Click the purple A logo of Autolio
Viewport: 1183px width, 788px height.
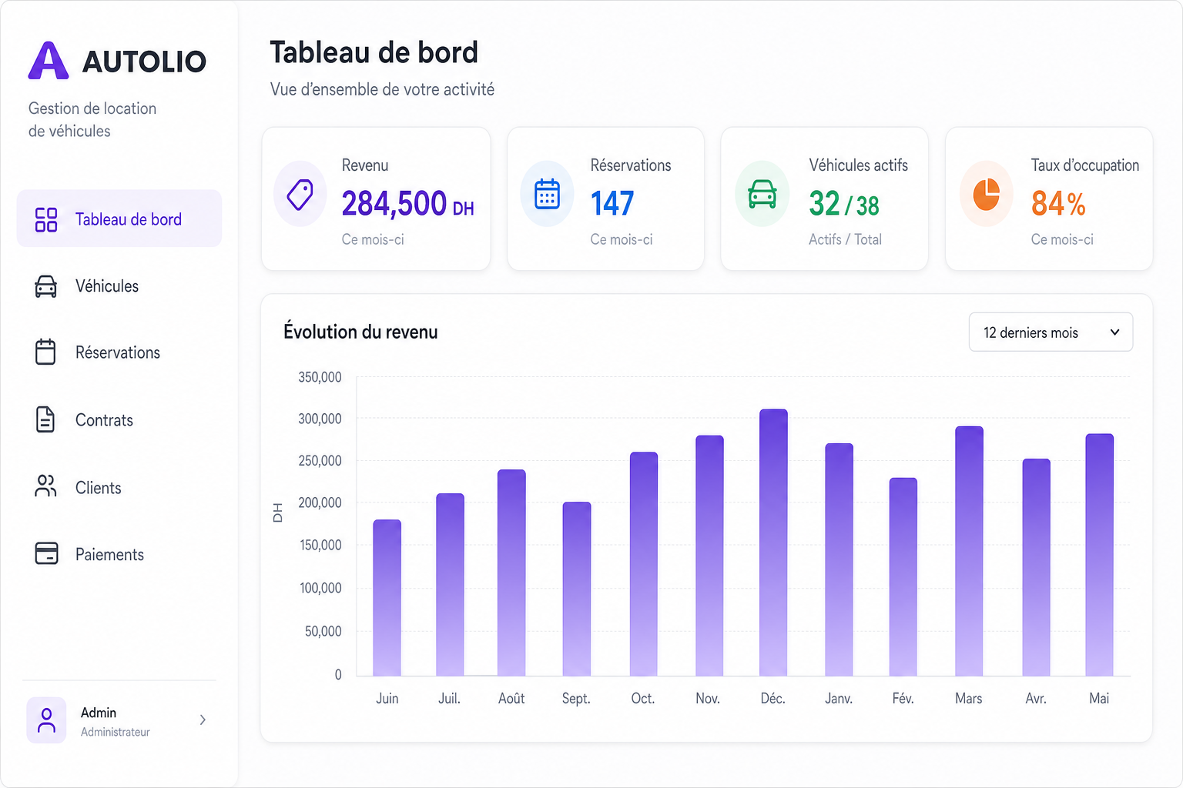pos(49,61)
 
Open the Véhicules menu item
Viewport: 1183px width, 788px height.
pos(107,286)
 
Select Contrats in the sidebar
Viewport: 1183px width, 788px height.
pos(104,420)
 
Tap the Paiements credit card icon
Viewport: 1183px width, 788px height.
pos(46,553)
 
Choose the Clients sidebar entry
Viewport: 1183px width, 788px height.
pos(99,487)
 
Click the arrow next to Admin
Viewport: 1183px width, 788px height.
pos(203,720)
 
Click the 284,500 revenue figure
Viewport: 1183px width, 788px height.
pos(394,203)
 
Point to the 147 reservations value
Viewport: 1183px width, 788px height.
pos(612,203)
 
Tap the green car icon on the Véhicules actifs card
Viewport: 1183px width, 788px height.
pos(762,194)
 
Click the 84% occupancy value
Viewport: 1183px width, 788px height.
pos(1058,203)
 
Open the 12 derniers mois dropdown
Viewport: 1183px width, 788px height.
pos(1051,332)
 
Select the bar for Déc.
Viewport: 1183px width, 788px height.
pos(773,543)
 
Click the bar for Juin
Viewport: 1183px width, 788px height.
pos(387,598)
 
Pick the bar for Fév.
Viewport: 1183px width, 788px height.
pos(903,577)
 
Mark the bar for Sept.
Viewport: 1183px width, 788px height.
pos(577,589)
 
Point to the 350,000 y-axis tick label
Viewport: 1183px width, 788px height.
pos(320,377)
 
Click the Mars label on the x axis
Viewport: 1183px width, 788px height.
pos(969,698)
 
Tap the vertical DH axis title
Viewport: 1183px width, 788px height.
pos(278,513)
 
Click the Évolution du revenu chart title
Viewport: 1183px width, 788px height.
pos(360,332)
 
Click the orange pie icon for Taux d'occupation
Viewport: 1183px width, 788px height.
pos(986,194)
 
